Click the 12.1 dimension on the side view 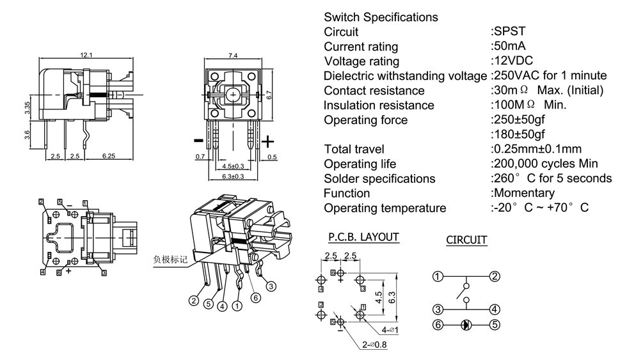coord(86,56)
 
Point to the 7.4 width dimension coord(233,56)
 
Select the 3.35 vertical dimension coord(27,108)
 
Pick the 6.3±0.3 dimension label coord(233,176)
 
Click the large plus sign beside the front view coord(268,141)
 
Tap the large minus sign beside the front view coord(198,140)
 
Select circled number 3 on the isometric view coord(271,286)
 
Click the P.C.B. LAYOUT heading coord(363,237)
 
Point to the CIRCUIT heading coord(466,240)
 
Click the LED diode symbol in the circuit coord(466,325)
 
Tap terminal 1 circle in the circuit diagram coord(438,277)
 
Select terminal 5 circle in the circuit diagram coord(495,325)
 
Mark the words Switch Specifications coord(381,17)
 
